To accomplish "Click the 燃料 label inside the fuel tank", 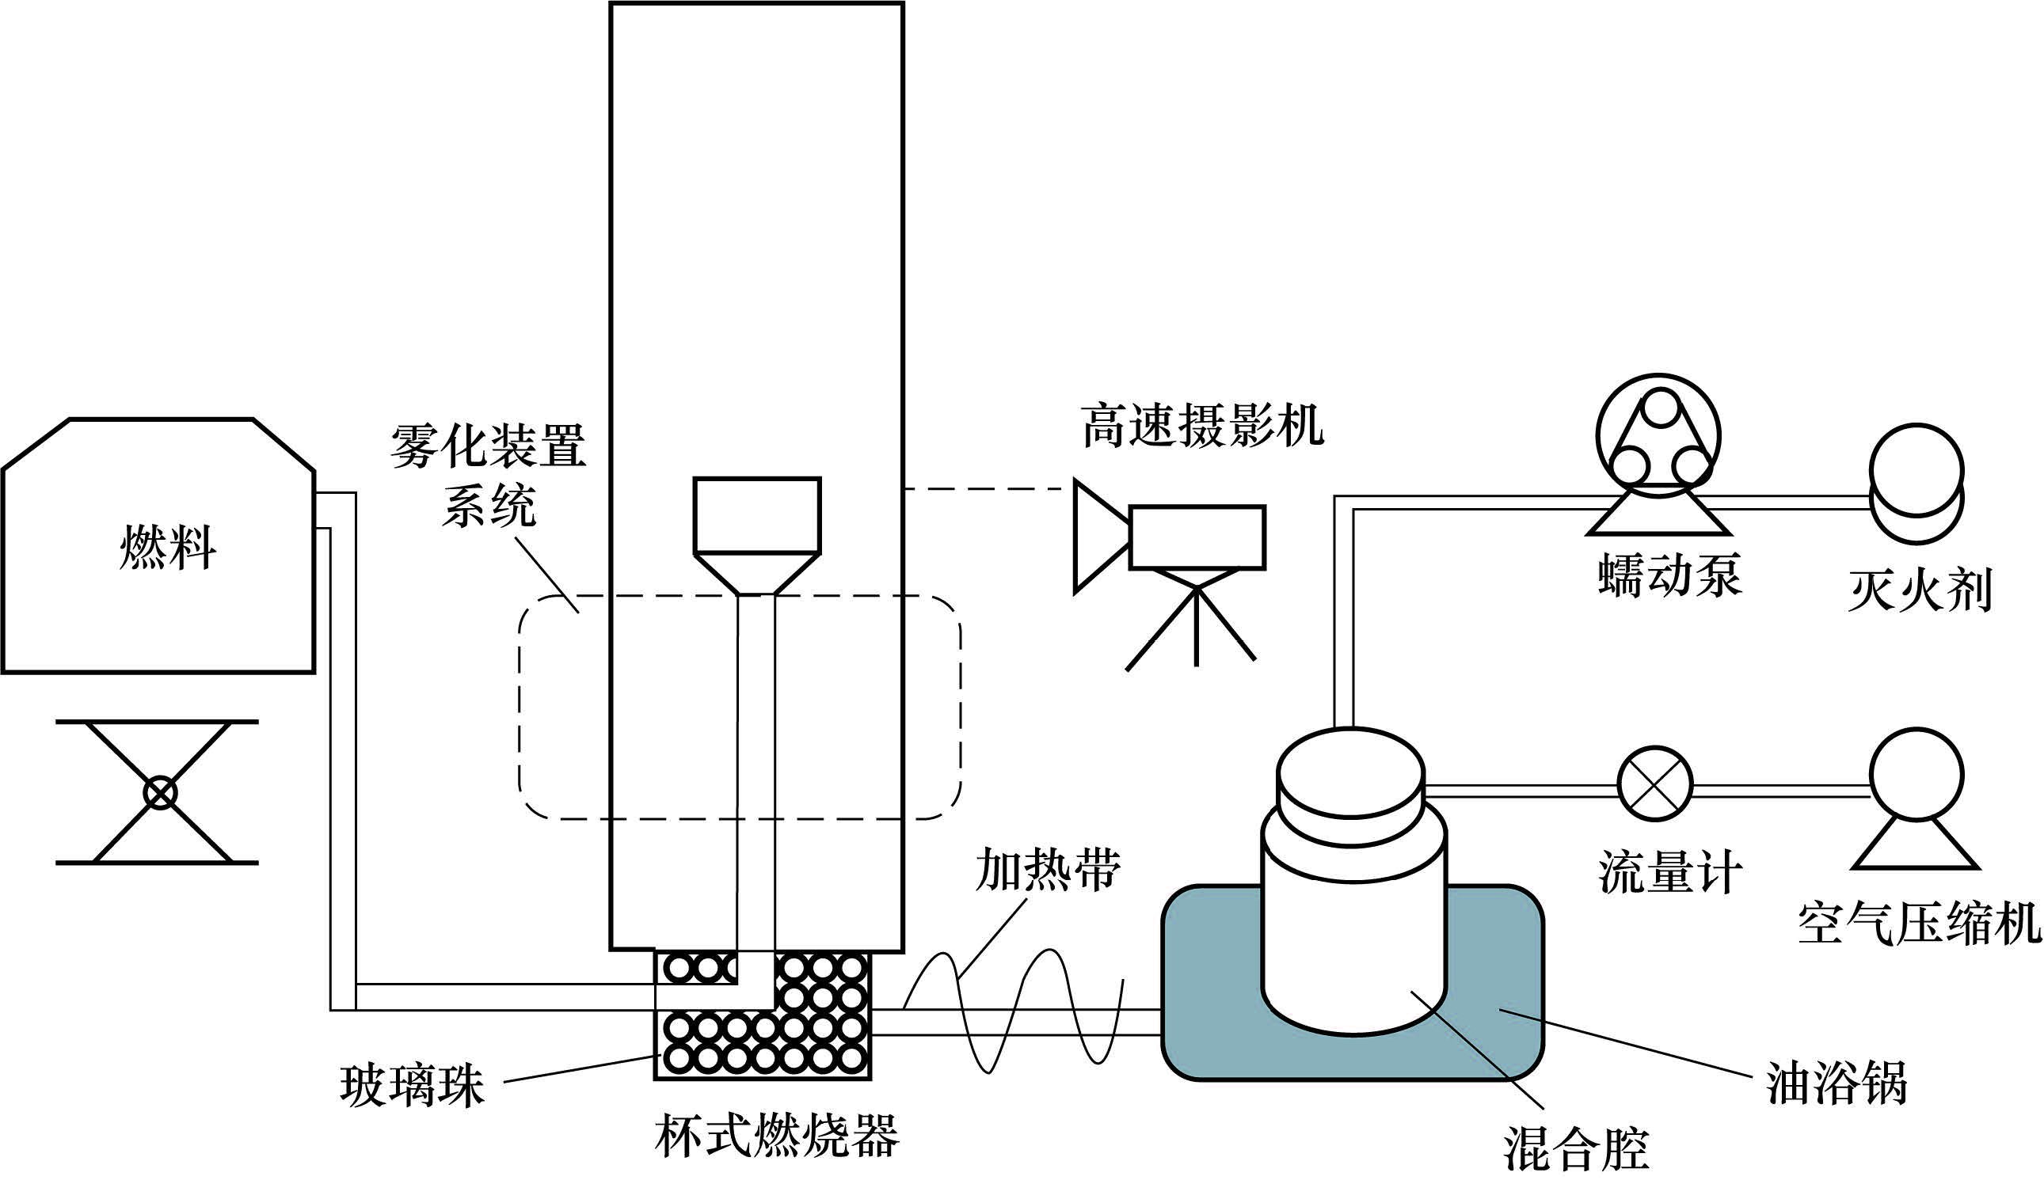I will [168, 548].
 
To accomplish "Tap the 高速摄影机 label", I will [1202, 427].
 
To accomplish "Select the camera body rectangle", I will [1197, 537].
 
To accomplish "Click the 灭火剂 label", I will [1920, 590].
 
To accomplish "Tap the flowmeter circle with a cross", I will [1655, 784].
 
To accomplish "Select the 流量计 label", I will [1670, 873].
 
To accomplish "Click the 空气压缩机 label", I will [1919, 924].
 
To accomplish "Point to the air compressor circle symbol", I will [1916, 775].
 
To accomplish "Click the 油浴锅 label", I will [1836, 1083].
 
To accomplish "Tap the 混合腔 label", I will [1577, 1149].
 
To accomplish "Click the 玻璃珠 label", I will [412, 1086].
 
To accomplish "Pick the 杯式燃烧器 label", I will [777, 1136].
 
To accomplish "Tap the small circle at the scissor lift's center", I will [160, 793].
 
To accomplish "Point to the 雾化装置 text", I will [488, 446].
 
